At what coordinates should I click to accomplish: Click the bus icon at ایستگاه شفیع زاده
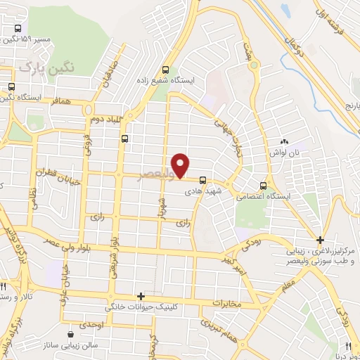point(166,70)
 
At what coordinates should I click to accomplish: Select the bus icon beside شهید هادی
point(203,179)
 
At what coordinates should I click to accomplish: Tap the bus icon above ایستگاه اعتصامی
point(263,186)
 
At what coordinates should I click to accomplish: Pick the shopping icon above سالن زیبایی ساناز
point(70,333)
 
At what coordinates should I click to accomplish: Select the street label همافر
point(62,103)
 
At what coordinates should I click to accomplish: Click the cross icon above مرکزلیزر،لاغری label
point(320,240)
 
